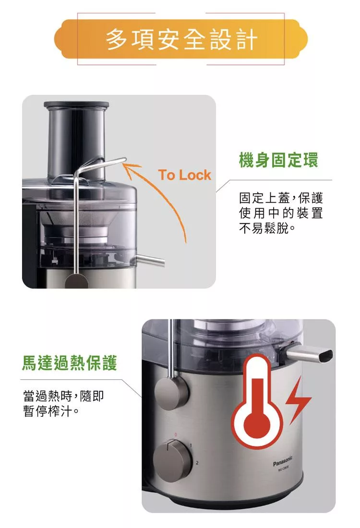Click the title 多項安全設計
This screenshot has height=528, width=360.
181,39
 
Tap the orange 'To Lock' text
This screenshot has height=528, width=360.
184,175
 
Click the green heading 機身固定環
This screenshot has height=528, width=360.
278,160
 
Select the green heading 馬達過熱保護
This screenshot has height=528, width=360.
70,363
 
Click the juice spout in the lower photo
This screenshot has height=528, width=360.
309,356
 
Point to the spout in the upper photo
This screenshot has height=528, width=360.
148,259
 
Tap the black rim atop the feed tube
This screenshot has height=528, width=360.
76,105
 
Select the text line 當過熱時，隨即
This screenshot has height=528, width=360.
63,396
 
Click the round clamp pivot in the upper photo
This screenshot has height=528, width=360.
76,281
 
